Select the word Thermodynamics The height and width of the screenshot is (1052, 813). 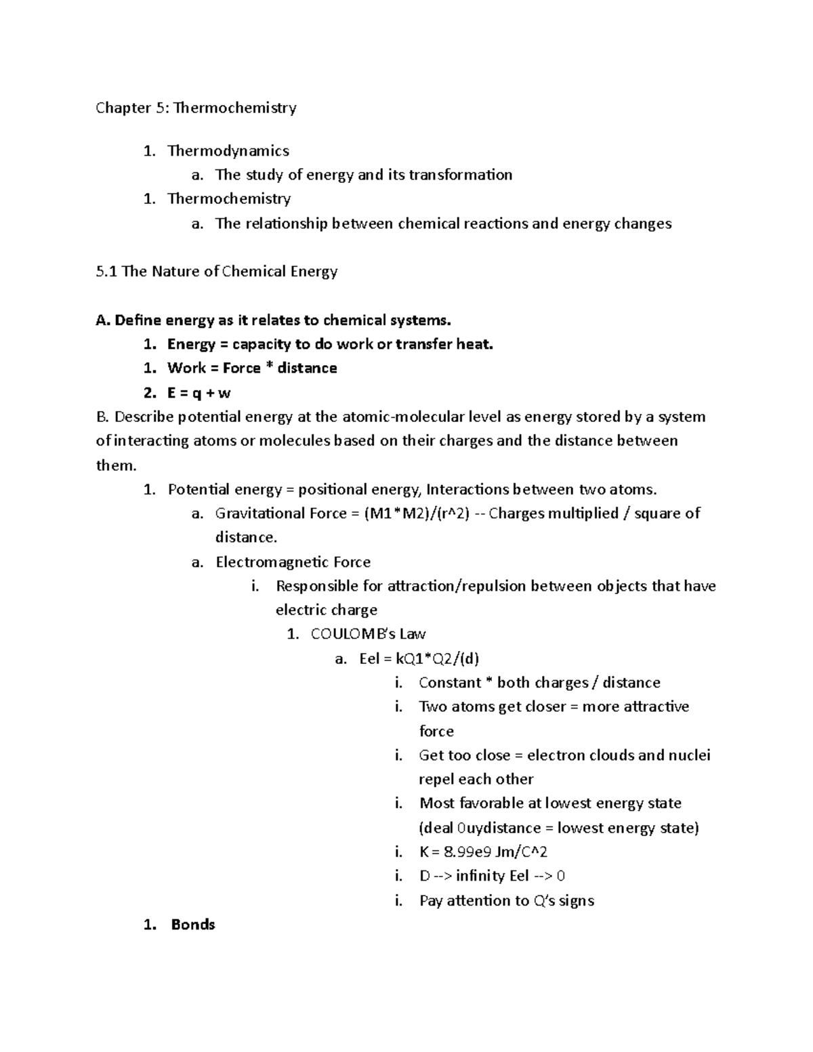pos(228,150)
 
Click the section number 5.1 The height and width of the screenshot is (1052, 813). pos(106,272)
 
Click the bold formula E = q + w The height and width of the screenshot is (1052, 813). pos(199,392)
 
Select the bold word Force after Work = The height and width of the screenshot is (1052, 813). pos(242,368)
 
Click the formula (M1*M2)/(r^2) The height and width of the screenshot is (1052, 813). pos(417,513)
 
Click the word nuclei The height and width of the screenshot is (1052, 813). pos(689,755)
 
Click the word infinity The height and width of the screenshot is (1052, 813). pos(480,876)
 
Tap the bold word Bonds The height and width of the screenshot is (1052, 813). pos(193,925)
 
